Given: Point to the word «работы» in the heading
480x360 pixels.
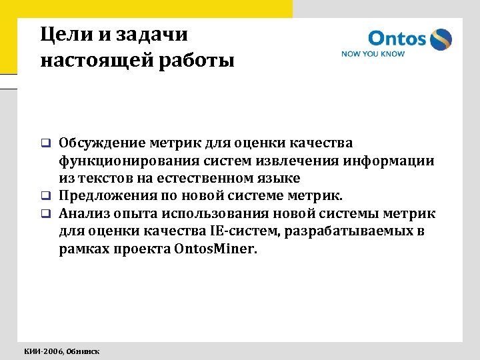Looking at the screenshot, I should [x=199, y=61].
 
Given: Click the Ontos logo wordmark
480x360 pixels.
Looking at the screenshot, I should [x=397, y=39].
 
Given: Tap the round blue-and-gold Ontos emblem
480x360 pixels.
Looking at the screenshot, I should [x=441, y=39].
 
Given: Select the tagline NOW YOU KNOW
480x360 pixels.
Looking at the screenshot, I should [x=373, y=54].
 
